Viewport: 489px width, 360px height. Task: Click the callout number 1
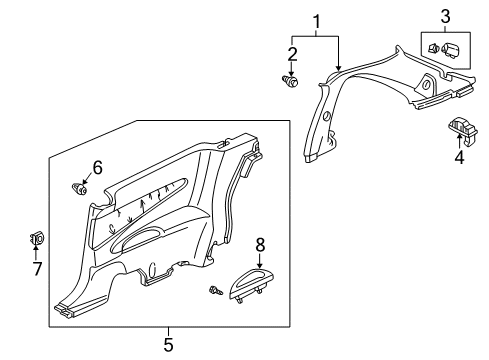[318, 21]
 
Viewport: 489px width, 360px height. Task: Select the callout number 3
[446, 15]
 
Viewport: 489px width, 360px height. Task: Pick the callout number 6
[97, 166]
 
